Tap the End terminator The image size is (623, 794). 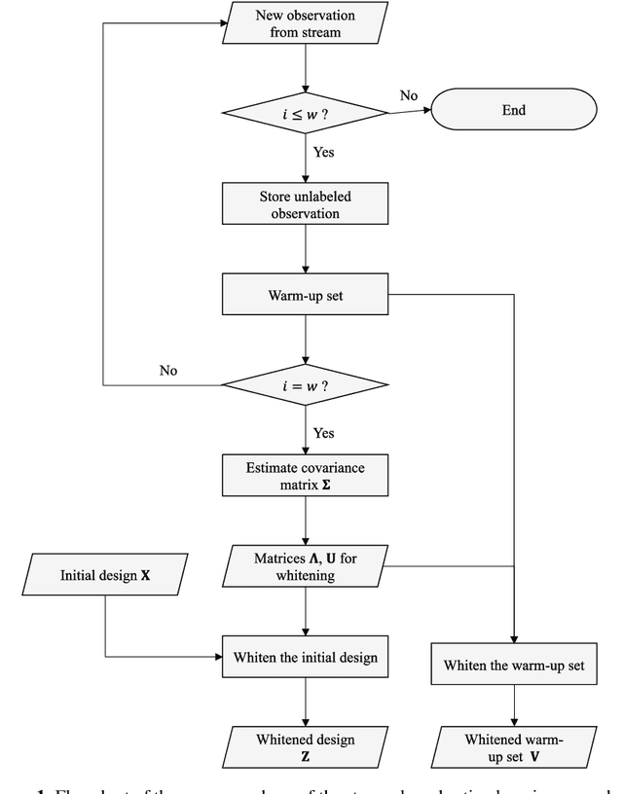pyautogui.click(x=513, y=110)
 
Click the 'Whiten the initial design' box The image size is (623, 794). pyautogui.click(x=306, y=657)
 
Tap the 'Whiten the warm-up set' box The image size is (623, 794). pyautogui.click(x=513, y=666)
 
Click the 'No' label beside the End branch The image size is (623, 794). pyautogui.click(x=408, y=96)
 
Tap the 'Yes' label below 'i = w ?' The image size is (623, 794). pyautogui.click(x=324, y=431)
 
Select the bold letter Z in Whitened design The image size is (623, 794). pyautogui.click(x=306, y=758)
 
